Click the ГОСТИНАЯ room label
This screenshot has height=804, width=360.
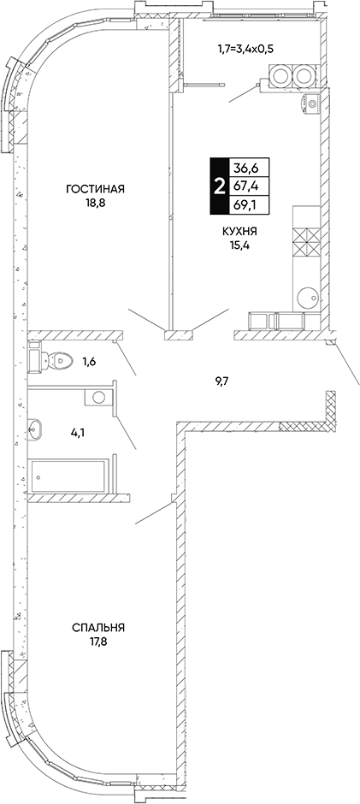tap(96, 189)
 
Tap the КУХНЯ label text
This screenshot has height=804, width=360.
tap(239, 232)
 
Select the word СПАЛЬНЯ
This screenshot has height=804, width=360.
tap(99, 627)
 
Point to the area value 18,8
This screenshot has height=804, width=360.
tap(96, 203)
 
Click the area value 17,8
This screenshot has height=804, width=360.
tap(99, 641)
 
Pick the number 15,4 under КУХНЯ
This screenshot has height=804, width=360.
tap(239, 245)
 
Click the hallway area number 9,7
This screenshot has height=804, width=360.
tap(221, 381)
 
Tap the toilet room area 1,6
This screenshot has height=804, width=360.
tap(90, 361)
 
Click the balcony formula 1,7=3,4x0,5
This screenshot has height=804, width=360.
tap(244, 50)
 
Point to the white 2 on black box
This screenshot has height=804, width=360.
tap(220, 186)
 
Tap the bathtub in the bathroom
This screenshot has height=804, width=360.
tap(69, 476)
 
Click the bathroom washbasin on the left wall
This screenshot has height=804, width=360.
tap(35, 429)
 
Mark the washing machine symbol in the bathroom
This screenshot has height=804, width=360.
tap(98, 397)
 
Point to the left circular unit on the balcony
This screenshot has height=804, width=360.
tap(280, 77)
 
